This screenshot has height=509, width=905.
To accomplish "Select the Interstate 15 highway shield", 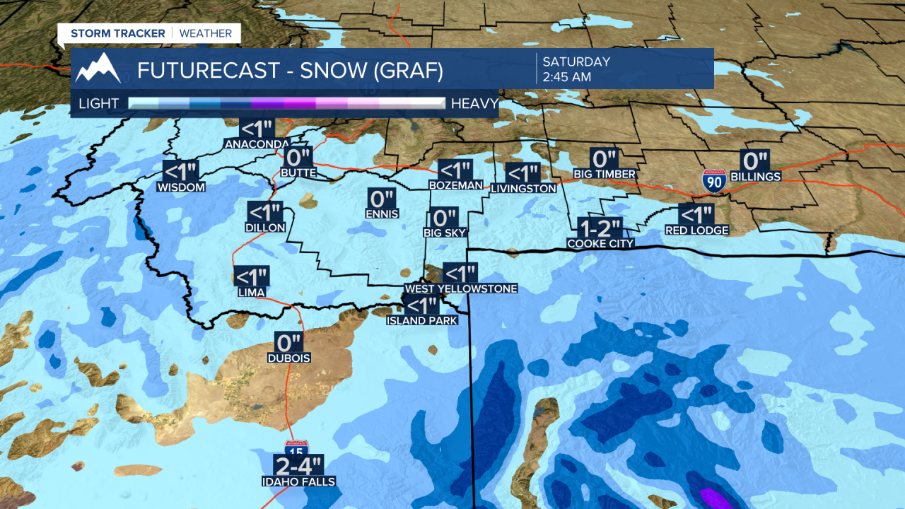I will coord(296,447).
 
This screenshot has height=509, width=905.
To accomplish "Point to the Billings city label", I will coord(755,177).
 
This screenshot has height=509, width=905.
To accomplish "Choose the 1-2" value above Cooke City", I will coord(600,228).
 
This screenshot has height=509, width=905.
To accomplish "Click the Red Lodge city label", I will coord(696,230).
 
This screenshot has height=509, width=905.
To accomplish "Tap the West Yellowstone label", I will coord(460,288).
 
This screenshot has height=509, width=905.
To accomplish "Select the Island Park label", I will coord(421,320).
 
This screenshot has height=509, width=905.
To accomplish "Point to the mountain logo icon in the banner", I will coord(98,69).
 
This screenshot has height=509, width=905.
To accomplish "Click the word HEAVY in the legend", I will coord(474,104).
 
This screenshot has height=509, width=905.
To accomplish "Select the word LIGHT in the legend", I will coord(99,104).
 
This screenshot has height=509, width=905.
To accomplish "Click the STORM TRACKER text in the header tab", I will coord(117,33).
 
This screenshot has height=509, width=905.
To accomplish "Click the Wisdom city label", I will coord(181,187).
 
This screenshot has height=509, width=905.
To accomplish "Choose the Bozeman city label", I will coord(455,185).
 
